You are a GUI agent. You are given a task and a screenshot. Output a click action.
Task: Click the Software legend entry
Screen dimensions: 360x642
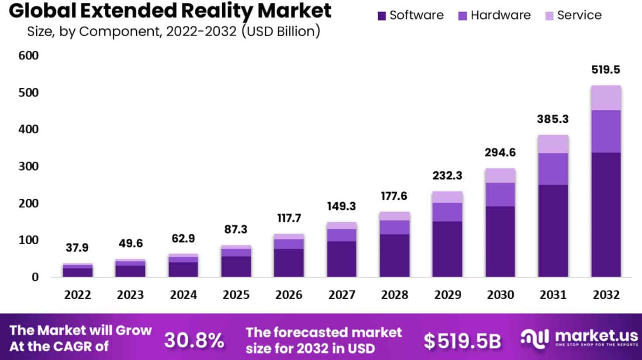click(x=411, y=15)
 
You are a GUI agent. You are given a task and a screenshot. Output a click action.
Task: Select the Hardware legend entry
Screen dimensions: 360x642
click(x=494, y=15)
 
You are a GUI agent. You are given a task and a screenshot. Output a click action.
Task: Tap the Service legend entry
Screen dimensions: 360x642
click(x=573, y=15)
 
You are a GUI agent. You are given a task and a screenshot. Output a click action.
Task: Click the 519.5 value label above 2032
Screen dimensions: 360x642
click(x=605, y=69)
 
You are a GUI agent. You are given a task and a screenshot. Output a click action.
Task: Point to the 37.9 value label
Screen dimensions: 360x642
click(x=77, y=248)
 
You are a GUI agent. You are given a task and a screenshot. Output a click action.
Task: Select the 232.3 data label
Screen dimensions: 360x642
click(x=447, y=176)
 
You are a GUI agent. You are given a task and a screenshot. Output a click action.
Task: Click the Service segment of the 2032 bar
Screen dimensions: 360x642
click(x=606, y=98)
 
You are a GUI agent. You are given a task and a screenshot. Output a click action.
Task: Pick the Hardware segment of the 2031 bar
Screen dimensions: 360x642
click(x=553, y=169)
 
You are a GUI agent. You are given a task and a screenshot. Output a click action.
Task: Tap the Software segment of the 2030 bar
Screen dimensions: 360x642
click(x=500, y=241)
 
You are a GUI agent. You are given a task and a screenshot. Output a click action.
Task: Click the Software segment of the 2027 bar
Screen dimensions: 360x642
click(x=342, y=259)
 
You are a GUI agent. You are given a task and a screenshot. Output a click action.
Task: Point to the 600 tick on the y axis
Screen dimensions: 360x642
click(x=28, y=55)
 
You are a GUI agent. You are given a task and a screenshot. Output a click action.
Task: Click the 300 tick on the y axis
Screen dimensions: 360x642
click(x=28, y=166)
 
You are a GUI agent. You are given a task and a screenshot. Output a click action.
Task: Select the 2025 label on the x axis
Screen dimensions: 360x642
click(x=236, y=295)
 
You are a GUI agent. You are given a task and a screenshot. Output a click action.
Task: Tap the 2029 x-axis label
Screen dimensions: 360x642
click(x=447, y=295)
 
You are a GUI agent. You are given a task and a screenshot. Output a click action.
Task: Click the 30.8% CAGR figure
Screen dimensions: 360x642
click(x=194, y=340)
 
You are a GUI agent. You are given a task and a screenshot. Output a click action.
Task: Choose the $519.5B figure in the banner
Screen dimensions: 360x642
click(x=462, y=341)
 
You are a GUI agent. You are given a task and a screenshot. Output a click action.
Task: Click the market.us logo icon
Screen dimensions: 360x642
click(x=535, y=339)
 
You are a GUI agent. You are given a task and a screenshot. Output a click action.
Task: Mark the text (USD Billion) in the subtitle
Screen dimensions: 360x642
click(x=280, y=31)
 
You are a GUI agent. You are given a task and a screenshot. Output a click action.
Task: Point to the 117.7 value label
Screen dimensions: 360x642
click(x=289, y=218)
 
